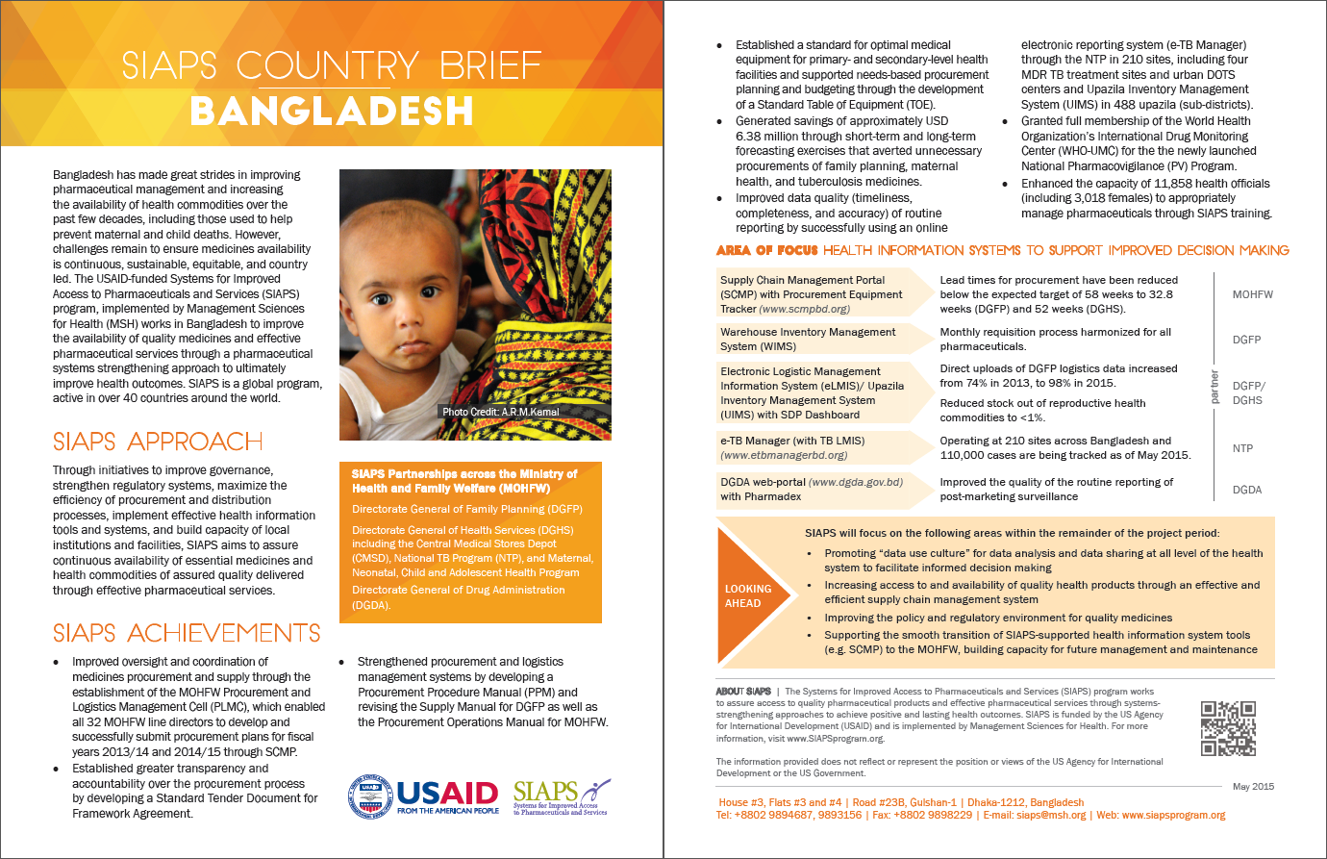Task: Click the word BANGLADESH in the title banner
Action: [332, 112]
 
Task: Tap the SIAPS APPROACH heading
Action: [158, 442]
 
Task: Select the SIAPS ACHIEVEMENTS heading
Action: [187, 633]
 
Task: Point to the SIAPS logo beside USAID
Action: [561, 796]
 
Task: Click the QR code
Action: [1228, 728]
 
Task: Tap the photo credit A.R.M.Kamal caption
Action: [500, 412]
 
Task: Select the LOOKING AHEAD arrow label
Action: [748, 596]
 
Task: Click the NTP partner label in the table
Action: [1242, 448]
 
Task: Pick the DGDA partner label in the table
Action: [1246, 490]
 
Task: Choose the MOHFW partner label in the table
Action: [1252, 294]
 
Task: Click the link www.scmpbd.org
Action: [805, 309]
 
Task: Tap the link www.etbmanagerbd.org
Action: [784, 455]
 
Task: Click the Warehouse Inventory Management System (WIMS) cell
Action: [808, 339]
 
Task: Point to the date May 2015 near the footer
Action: [1253, 786]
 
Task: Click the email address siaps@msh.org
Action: [1051, 815]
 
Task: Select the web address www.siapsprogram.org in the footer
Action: [1173, 815]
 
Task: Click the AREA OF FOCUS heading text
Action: [766, 250]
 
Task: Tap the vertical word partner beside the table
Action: [1214, 386]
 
